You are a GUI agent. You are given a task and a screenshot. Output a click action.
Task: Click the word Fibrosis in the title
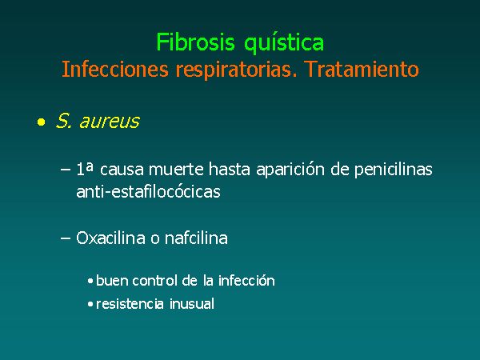click(x=195, y=42)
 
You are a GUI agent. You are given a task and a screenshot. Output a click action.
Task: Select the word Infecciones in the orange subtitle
click(x=115, y=69)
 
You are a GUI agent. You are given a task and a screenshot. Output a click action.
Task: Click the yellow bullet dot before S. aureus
click(x=41, y=122)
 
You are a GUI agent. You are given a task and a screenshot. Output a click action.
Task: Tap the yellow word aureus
click(x=110, y=122)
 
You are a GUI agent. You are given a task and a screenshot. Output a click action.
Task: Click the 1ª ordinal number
click(x=85, y=169)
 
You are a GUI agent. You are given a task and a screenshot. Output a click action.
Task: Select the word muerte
click(x=176, y=170)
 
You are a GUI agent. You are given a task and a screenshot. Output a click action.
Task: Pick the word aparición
click(x=290, y=170)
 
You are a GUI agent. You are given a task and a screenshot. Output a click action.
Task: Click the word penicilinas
click(x=394, y=170)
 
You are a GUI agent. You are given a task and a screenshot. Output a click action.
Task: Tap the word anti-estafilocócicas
click(x=149, y=192)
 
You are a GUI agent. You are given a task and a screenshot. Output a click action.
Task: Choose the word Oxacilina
click(x=110, y=238)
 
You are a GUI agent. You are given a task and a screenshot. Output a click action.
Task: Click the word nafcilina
click(x=196, y=238)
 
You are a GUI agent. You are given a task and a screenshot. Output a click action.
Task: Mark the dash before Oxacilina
click(x=66, y=238)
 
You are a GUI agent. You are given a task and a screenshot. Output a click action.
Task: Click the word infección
click(x=246, y=281)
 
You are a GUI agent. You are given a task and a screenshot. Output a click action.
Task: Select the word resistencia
click(x=130, y=304)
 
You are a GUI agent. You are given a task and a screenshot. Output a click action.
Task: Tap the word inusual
click(x=192, y=304)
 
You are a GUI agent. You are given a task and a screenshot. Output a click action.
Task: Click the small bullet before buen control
click(x=90, y=281)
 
